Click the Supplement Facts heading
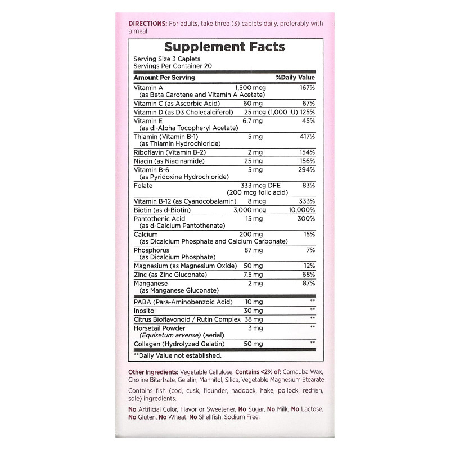(x=224, y=47)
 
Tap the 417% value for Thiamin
(x=307, y=136)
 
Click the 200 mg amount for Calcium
(x=251, y=234)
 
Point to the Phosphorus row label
(x=151, y=250)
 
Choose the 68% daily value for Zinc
(x=309, y=274)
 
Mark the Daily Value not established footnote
(x=178, y=355)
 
